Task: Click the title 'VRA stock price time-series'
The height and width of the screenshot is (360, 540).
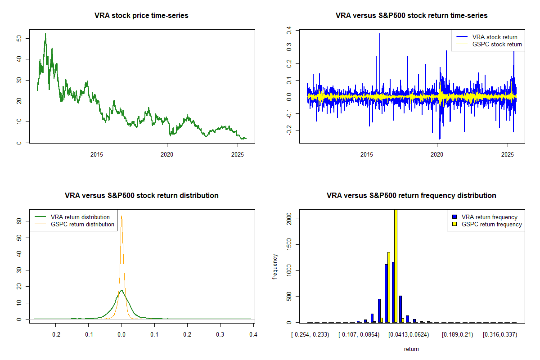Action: click(x=141, y=16)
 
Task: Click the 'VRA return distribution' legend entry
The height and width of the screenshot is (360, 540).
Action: click(x=80, y=217)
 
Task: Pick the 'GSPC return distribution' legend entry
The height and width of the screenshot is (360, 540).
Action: click(x=82, y=224)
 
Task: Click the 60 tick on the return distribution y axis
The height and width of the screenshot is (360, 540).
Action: click(x=19, y=221)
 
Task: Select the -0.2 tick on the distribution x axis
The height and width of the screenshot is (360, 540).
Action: click(x=55, y=335)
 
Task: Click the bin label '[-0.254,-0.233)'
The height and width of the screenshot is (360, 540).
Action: click(x=310, y=335)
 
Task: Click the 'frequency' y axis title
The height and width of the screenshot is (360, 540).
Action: click(x=275, y=267)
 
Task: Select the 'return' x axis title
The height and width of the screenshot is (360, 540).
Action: click(x=411, y=349)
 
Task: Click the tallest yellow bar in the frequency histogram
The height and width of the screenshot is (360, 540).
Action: click(x=396, y=265)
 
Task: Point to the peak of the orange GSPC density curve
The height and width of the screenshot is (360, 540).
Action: click(x=121, y=216)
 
